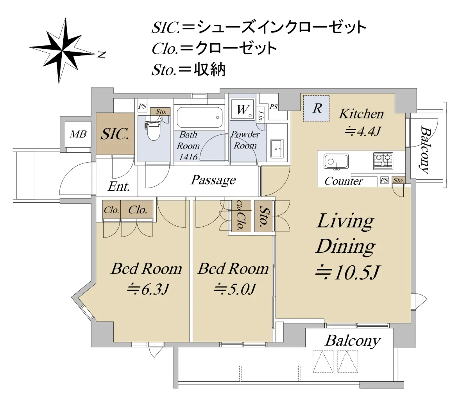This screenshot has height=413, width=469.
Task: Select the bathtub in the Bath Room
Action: point(200,117)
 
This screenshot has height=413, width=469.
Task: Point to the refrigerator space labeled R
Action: point(316,108)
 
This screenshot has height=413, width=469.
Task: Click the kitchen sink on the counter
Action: point(336,161)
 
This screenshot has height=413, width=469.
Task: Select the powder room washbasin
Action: point(277,148)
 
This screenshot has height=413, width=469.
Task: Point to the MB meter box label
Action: point(78,134)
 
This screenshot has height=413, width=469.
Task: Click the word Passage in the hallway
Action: point(213,180)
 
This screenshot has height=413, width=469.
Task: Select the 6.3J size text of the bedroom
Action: point(148,289)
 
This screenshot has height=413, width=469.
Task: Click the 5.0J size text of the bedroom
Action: point(235,289)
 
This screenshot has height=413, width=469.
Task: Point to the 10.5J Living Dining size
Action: point(347,272)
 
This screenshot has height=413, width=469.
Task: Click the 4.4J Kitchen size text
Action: point(363,132)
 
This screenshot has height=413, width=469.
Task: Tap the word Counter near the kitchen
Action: point(344,181)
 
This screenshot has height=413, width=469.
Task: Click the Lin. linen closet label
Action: point(261,116)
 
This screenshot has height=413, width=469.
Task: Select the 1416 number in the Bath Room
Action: point(188,157)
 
